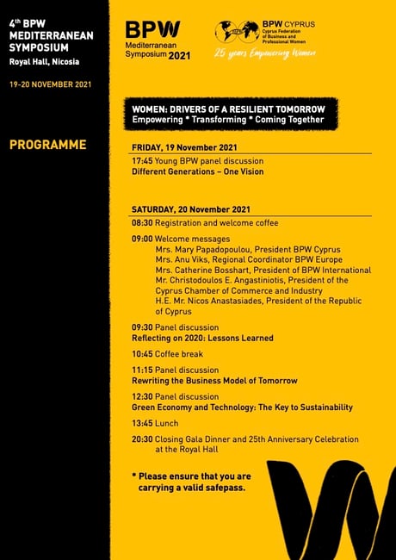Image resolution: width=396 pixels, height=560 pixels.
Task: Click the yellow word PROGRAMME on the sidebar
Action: point(47,145)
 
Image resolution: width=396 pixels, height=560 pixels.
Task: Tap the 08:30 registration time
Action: point(142,222)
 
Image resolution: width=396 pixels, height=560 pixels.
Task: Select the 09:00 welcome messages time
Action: point(142,239)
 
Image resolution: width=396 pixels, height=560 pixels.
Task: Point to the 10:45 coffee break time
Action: point(142,354)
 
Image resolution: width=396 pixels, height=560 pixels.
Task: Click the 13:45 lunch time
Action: point(142,423)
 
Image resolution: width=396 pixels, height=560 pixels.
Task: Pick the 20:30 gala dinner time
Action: point(142,439)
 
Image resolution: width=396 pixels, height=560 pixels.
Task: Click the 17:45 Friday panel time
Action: point(142,161)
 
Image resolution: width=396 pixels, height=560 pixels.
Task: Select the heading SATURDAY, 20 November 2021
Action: point(191,209)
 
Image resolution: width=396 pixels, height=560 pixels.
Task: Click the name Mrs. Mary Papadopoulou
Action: point(201,249)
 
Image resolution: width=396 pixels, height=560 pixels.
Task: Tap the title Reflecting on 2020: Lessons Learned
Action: point(202,339)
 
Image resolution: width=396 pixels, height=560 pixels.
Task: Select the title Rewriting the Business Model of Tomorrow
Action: point(214,381)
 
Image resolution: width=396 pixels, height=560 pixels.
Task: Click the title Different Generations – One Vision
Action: point(197,171)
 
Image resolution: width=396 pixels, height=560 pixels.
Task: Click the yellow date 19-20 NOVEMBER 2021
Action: point(49,85)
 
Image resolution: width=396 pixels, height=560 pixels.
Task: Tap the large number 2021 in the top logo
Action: point(180,54)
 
